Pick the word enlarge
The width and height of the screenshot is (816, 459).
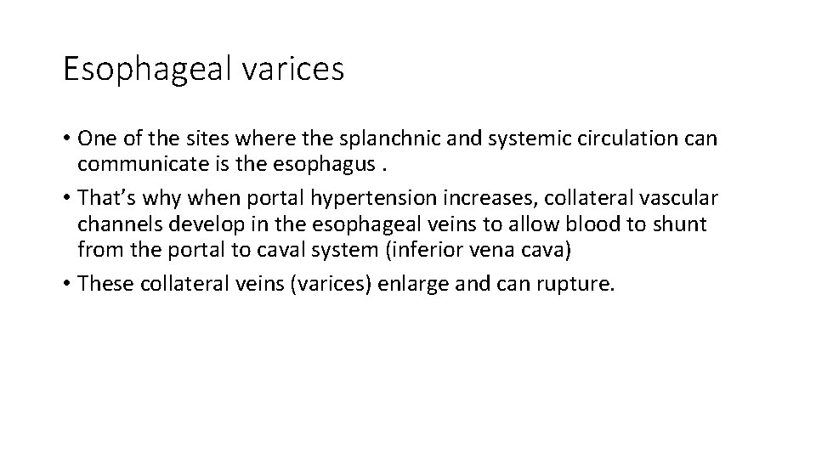pyautogui.click(x=407, y=284)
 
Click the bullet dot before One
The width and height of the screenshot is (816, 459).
pyautogui.click(x=66, y=139)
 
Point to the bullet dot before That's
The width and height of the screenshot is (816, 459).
pyautogui.click(x=66, y=199)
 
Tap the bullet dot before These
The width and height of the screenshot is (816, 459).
pyautogui.click(x=66, y=285)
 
